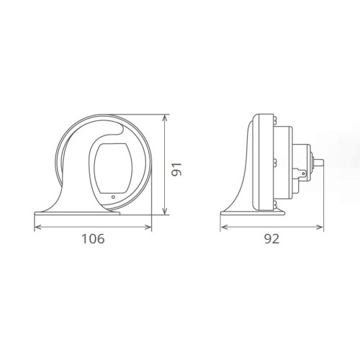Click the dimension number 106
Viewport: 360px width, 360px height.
click(x=93, y=239)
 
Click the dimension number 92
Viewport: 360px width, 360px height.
click(x=271, y=239)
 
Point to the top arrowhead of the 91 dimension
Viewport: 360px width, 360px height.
click(x=166, y=117)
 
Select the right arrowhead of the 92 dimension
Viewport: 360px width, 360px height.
click(x=322, y=226)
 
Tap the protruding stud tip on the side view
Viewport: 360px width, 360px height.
click(x=321, y=164)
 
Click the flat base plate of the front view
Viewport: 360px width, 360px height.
click(x=94, y=213)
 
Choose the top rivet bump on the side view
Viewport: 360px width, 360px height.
click(x=274, y=120)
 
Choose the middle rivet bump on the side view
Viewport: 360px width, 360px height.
click(x=274, y=162)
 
